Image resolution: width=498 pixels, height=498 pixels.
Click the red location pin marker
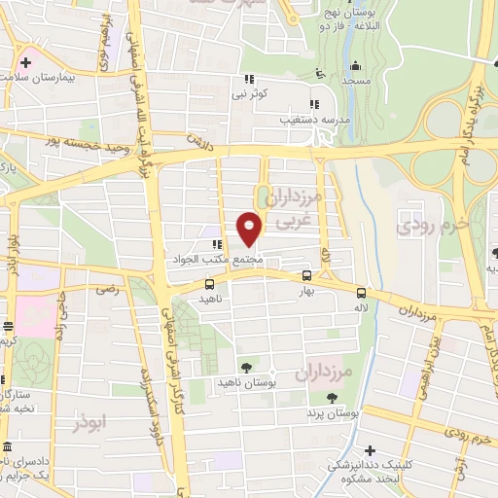249,228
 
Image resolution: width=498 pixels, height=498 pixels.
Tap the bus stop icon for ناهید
209,285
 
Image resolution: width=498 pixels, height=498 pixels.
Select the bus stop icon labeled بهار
307,275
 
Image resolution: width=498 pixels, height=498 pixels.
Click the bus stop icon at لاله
362,292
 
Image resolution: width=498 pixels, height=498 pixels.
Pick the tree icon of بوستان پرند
332,397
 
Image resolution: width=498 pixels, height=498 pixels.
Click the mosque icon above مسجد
356,67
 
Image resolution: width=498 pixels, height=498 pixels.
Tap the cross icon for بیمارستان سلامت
26,62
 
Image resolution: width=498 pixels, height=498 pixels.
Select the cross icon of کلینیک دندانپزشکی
370,450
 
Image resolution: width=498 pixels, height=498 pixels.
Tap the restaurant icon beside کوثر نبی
249,79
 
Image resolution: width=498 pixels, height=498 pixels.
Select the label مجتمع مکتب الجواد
232,260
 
